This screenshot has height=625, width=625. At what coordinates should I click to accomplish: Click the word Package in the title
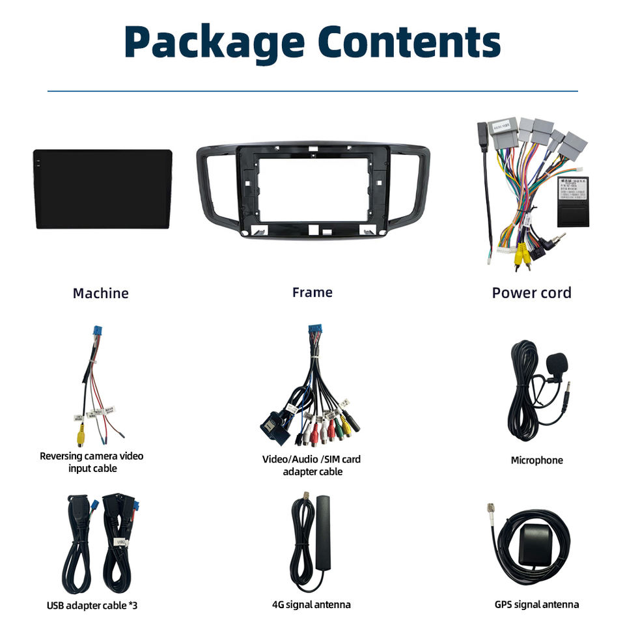[x=214, y=42]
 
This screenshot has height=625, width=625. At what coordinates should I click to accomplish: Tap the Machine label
[x=100, y=293]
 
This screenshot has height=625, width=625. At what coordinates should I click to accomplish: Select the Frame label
[x=312, y=292]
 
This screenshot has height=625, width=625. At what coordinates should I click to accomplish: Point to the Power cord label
[x=531, y=293]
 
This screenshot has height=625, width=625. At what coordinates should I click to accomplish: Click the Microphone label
[x=536, y=460]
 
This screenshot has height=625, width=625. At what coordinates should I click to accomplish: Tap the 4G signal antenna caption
[x=311, y=605]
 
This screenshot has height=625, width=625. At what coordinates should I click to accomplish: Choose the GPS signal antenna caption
[x=536, y=605]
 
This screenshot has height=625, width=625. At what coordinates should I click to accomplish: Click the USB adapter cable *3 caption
[x=92, y=605]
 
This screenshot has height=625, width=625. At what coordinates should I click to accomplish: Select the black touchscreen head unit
[x=103, y=189]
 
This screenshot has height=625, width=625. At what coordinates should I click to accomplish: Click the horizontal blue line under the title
[x=312, y=91]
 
